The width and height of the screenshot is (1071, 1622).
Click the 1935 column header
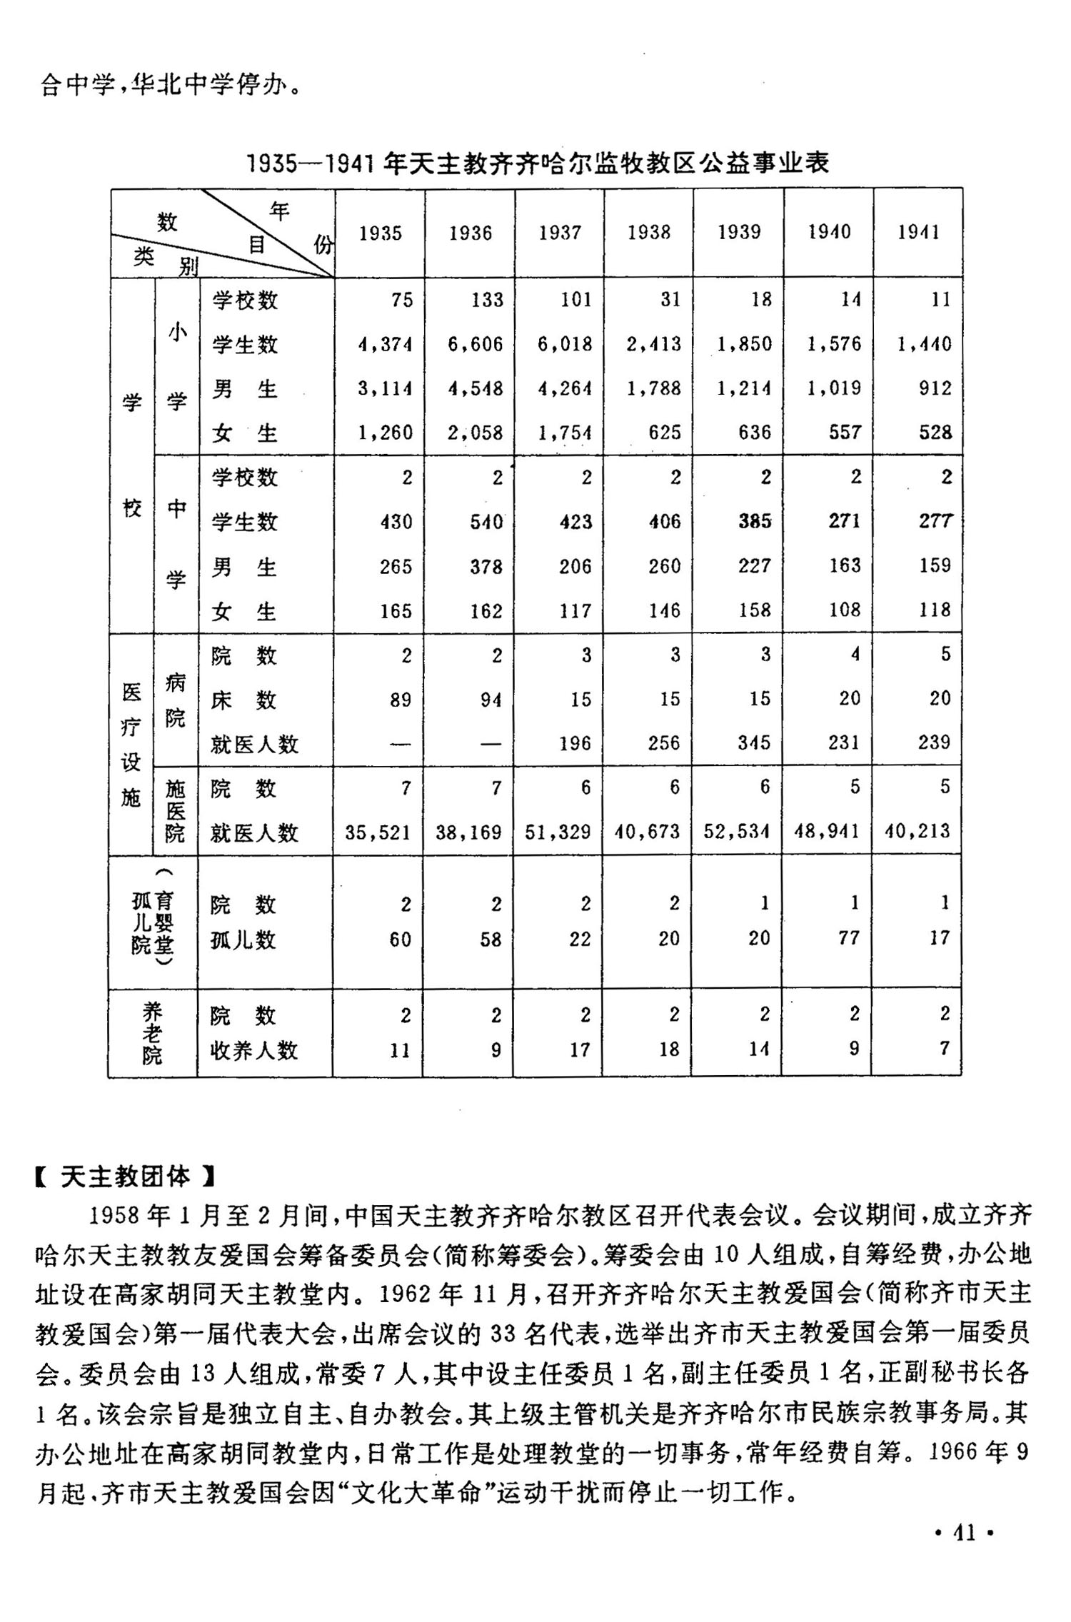380,233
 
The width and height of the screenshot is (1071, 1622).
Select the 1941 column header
918,232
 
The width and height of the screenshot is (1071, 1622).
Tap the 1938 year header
649,232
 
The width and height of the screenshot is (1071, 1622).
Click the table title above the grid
537,163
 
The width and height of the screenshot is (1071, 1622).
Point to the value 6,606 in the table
476,344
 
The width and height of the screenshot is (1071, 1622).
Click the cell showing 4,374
386,344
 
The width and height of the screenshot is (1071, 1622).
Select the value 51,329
558,832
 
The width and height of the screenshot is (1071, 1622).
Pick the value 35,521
378,832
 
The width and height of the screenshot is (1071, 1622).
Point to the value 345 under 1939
755,742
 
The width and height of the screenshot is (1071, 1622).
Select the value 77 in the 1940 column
849,937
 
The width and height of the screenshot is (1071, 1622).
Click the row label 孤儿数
243,940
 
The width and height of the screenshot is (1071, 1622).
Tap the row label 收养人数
253,1050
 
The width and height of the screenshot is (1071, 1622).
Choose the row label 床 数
243,700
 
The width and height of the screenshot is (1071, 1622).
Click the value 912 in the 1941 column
935,388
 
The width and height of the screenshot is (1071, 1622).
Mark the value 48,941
827,831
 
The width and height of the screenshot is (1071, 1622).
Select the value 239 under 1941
935,742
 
